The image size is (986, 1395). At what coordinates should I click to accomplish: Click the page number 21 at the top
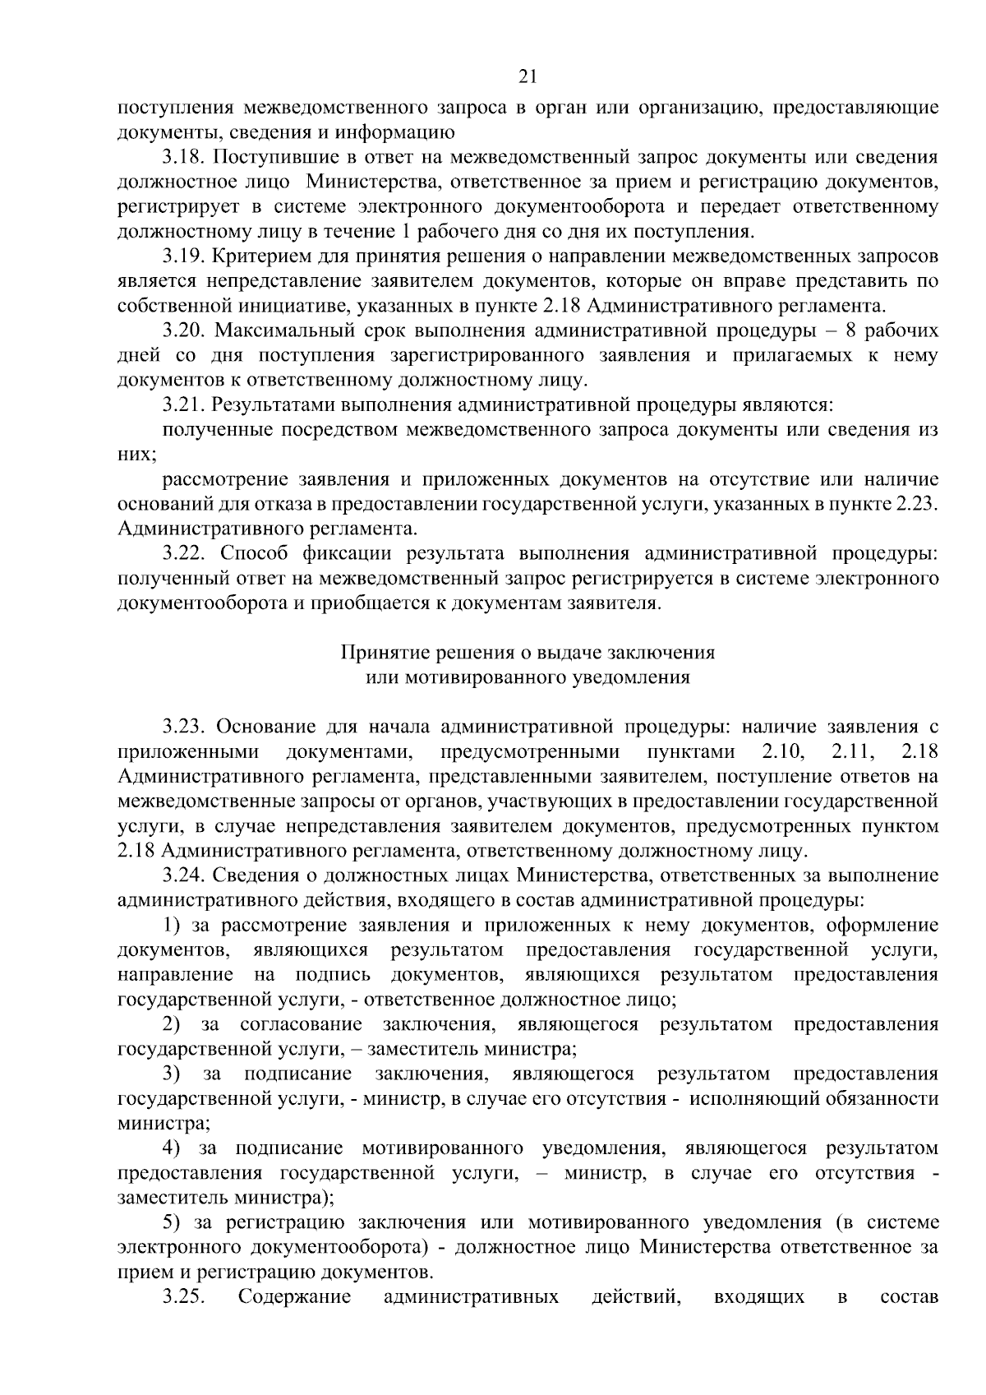tap(528, 77)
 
